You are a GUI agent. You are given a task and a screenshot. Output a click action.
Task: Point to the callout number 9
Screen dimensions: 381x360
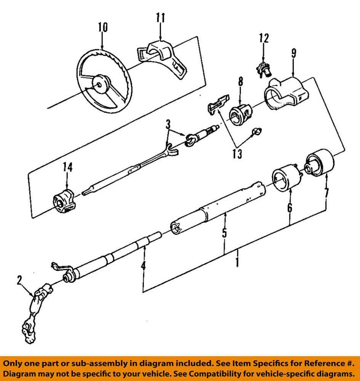[293, 53]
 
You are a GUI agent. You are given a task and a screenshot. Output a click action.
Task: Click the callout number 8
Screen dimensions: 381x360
[240, 82]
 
